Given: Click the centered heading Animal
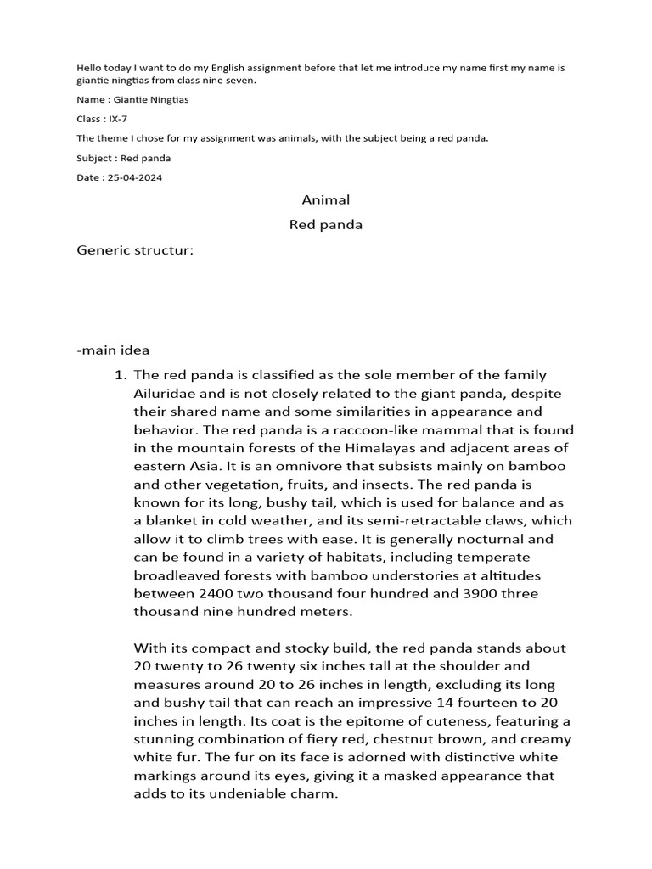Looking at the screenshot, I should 326,200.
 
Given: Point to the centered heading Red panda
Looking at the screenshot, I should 326,225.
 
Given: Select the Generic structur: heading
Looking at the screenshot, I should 136,250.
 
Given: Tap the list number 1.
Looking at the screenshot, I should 120,375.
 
